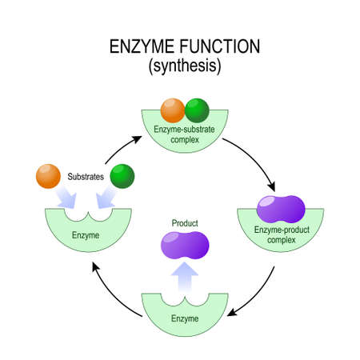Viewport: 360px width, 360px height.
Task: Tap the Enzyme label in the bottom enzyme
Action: click(182, 318)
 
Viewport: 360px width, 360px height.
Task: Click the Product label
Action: click(182, 222)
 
